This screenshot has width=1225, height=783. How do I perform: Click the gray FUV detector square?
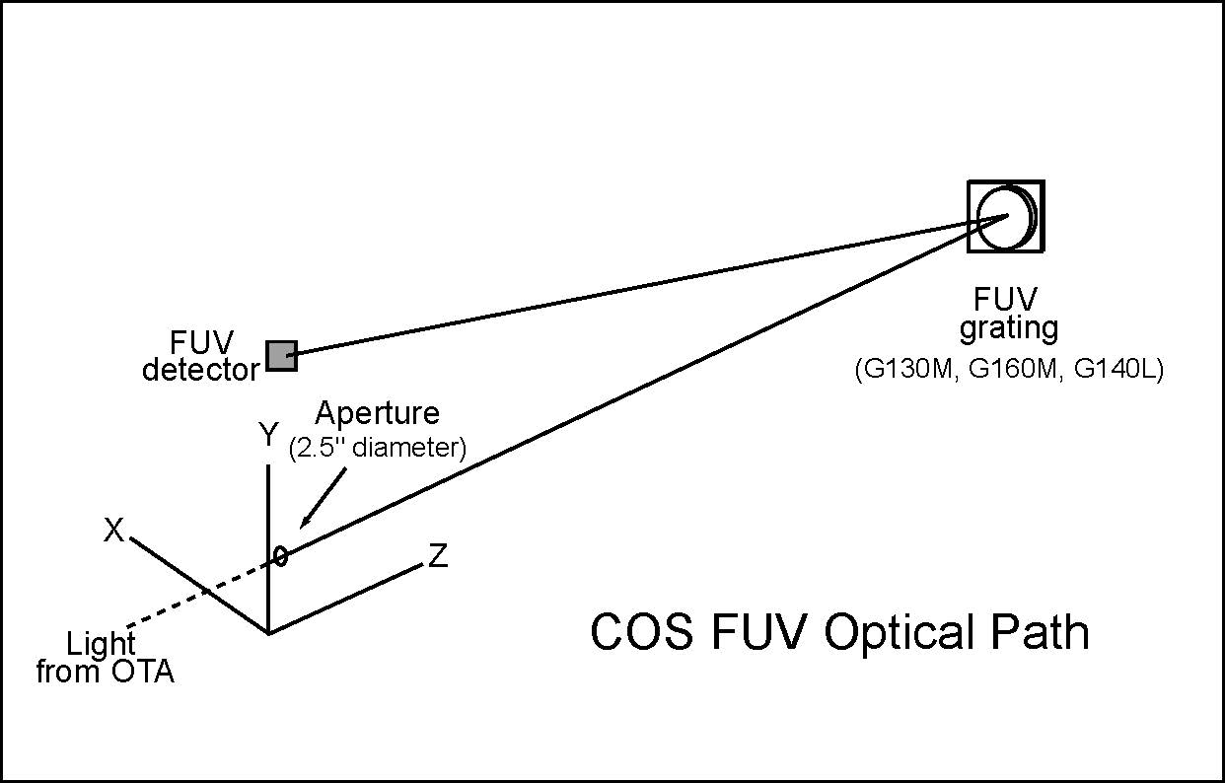pos(281,355)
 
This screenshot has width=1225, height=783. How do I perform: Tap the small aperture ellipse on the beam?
pos(281,557)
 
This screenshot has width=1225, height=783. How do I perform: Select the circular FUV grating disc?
pos(1004,216)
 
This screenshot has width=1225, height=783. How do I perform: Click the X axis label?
pos(114,532)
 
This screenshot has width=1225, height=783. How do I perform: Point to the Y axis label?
pos(267,436)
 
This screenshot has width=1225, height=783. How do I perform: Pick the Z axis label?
pos(438,557)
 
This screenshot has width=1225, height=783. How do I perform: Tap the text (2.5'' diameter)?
pos(376,448)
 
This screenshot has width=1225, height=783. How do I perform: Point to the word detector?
pos(200,371)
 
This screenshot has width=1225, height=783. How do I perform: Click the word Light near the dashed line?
pos(101,646)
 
